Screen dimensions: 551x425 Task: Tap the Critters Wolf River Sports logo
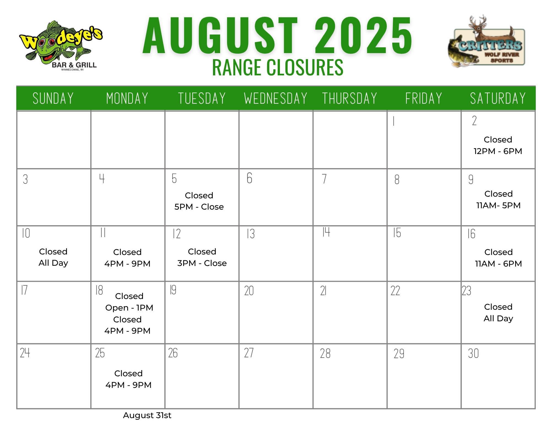487,41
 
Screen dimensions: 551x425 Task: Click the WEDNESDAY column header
276,98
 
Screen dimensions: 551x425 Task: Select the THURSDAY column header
350,98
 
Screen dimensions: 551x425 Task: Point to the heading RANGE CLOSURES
278,67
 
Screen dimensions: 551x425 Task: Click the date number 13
250,234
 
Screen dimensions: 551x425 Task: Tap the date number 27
249,353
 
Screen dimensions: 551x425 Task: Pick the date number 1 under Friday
394,121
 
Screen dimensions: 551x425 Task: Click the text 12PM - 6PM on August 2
498,151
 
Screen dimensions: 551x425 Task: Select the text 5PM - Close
199,207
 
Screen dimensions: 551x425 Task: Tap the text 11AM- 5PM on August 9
498,205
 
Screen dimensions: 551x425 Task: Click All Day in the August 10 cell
53,263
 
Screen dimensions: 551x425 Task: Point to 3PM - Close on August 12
202,263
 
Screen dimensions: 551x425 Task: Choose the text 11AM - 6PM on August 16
498,264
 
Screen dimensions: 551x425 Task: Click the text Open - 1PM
129,308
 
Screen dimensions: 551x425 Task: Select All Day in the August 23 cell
498,319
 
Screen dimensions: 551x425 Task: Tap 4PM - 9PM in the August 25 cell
128,385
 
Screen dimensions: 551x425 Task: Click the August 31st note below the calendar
147,415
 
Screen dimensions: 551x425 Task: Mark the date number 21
323,291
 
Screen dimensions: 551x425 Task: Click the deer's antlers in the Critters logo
478,21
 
